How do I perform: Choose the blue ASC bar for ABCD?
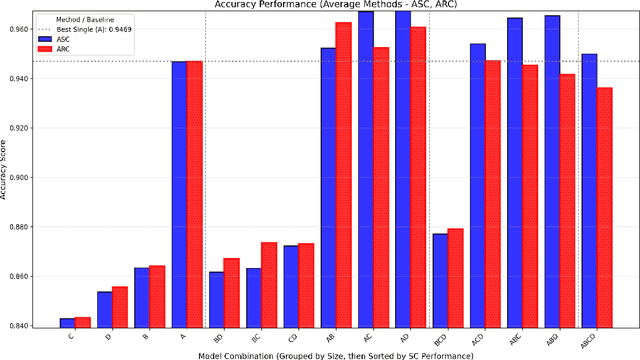(589, 190)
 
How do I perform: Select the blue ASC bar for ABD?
(552, 170)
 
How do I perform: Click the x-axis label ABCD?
(597, 338)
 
